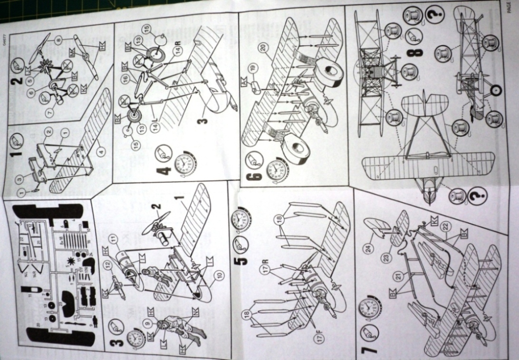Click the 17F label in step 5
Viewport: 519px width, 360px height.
[x=319, y=339]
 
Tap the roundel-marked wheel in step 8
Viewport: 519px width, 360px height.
[x=496, y=88]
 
